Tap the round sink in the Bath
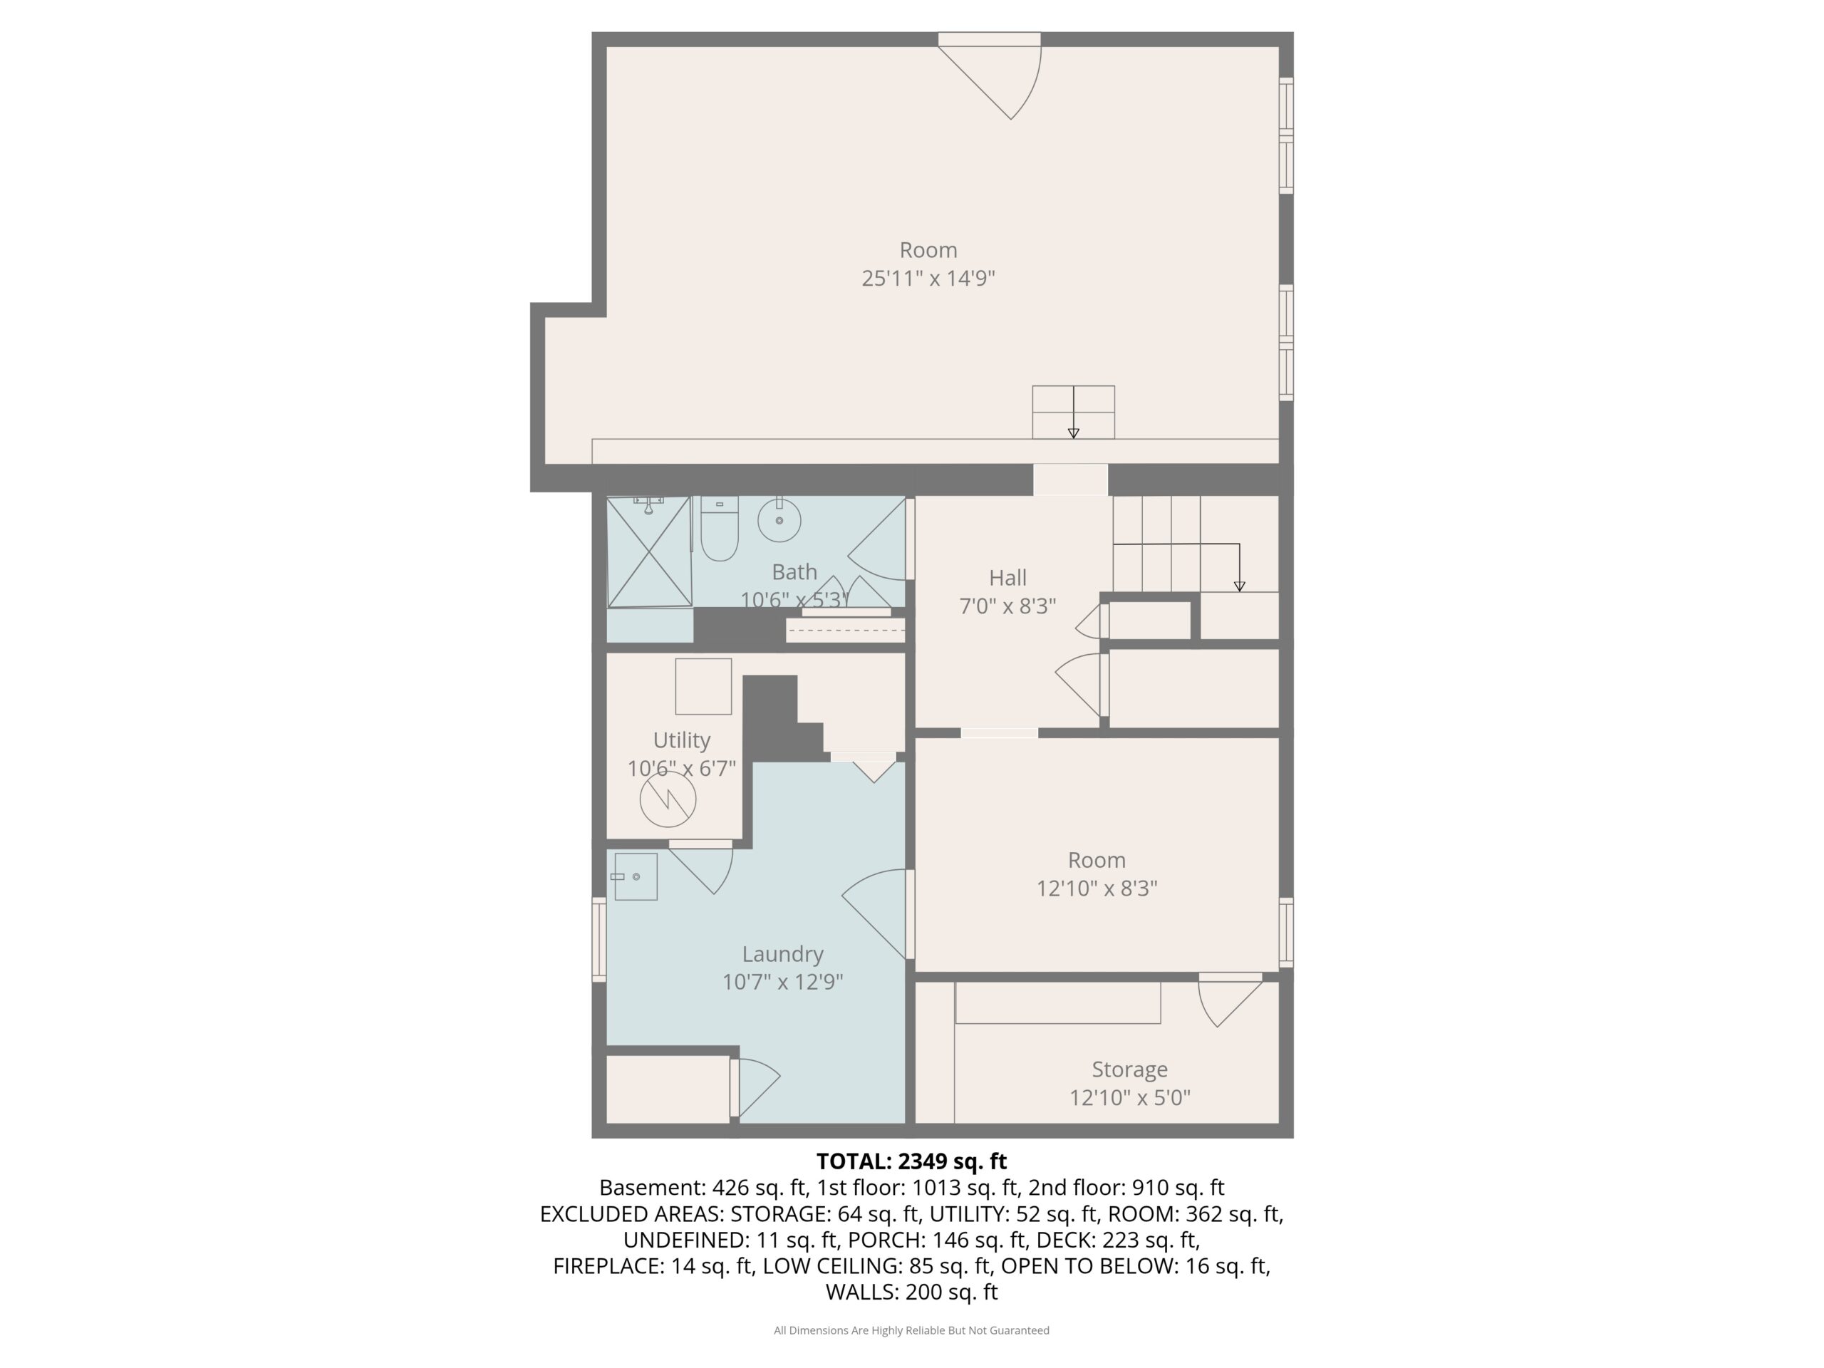coord(779,519)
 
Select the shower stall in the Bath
coord(649,551)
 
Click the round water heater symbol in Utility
coord(668,799)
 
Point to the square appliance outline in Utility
coord(703,686)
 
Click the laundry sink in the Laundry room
coord(635,876)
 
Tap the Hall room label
coord(1007,577)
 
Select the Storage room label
coord(1130,1069)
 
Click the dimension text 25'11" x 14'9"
coord(928,278)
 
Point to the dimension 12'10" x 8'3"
coord(1097,888)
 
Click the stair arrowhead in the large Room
coord(1074,433)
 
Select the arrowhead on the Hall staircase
coord(1239,586)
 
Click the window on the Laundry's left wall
coord(599,939)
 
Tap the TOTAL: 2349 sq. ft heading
coord(911,1161)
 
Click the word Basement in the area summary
coord(651,1188)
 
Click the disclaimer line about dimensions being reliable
coord(911,1330)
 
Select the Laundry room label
coord(782,953)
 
